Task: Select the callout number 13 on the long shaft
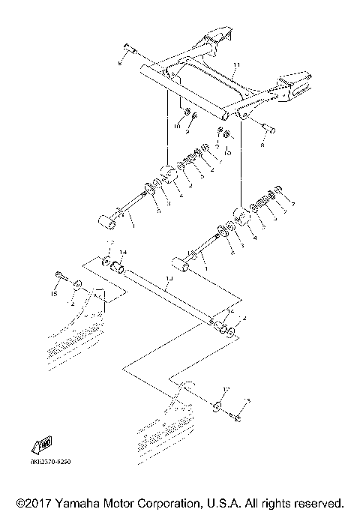(169, 278)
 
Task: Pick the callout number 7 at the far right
(293, 205)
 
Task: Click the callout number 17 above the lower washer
(223, 391)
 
